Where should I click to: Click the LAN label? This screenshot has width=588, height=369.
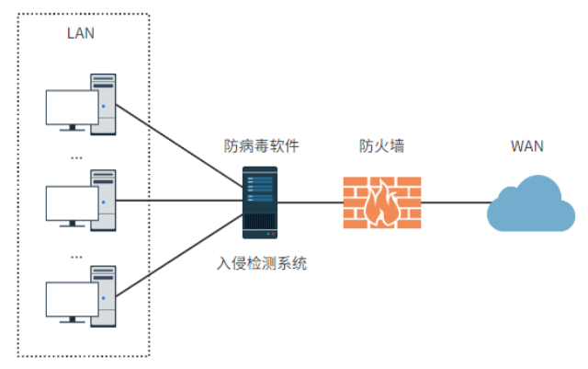(x=81, y=34)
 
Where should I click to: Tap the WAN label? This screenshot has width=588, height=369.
(x=526, y=145)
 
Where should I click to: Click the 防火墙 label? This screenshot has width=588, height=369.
(x=382, y=145)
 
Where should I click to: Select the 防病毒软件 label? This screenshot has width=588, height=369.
(x=262, y=145)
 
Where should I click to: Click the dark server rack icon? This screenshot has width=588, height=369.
(x=261, y=202)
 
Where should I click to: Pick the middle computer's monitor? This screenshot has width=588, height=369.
(x=72, y=204)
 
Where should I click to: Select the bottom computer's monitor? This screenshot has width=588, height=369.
(x=72, y=300)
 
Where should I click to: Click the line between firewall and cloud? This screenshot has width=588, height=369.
(x=455, y=202)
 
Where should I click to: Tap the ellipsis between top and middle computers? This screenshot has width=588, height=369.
(x=76, y=157)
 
